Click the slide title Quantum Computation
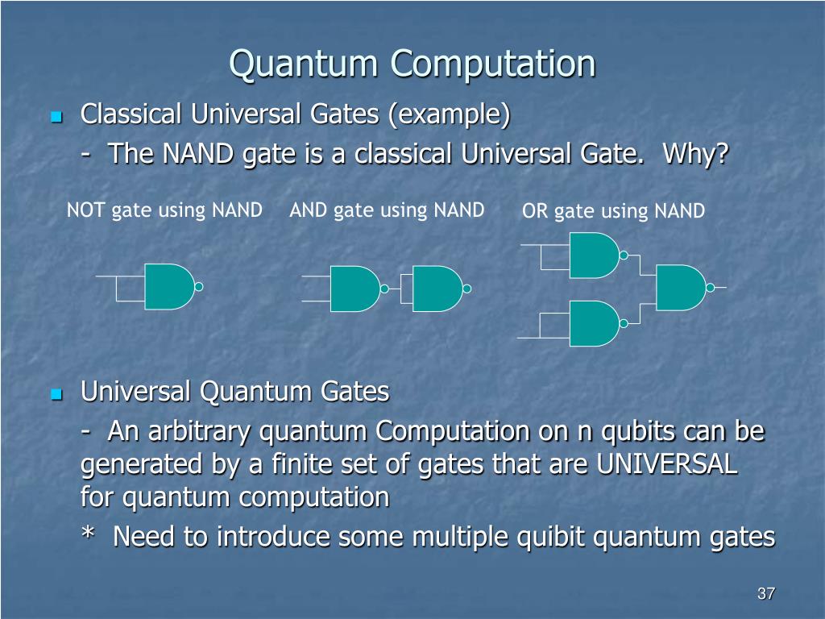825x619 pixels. click(x=412, y=64)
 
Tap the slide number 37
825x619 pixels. click(x=765, y=594)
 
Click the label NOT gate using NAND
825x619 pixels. click(x=164, y=210)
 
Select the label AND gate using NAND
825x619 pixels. click(x=387, y=210)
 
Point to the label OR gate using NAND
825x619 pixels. click(x=613, y=211)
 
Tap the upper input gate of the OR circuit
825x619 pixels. click(x=593, y=255)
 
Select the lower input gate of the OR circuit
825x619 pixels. click(x=593, y=323)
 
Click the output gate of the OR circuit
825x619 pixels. click(x=680, y=288)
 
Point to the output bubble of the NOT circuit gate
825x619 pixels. click(x=199, y=287)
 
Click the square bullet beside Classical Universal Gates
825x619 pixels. click(x=56, y=118)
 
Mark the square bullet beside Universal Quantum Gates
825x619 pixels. click(x=56, y=395)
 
